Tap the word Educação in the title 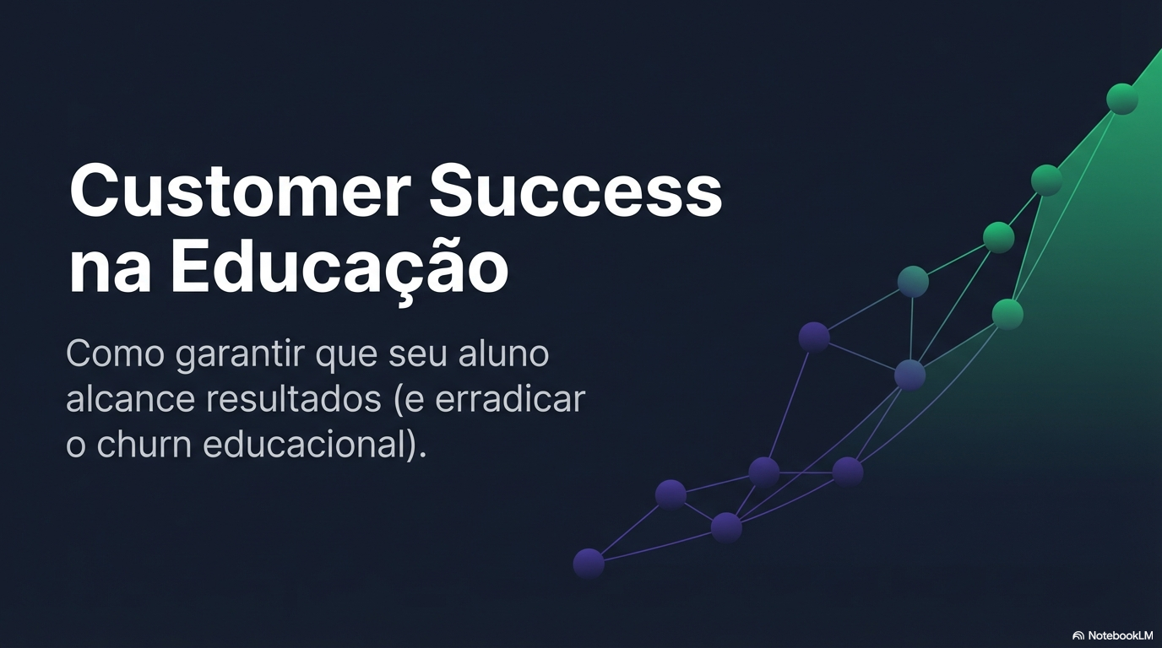[x=339, y=268]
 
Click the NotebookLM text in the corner [x=1121, y=635]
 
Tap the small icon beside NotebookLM [x=1078, y=635]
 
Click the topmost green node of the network [x=1122, y=99]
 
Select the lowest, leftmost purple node [x=589, y=564]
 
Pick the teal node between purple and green [x=913, y=281]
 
